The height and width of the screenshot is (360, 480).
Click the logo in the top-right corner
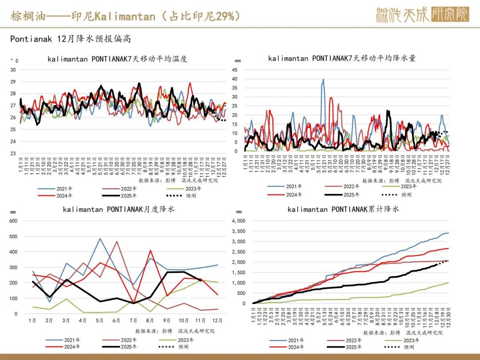422,15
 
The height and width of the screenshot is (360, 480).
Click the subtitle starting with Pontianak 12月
71,39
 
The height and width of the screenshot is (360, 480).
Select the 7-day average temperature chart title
117,59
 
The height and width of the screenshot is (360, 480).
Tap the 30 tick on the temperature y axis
13,70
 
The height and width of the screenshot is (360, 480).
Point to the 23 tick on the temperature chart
13,153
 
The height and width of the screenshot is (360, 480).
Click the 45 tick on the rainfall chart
235,70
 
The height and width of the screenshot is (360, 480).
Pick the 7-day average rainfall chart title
342,58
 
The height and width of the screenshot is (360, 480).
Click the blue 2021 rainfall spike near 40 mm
323,80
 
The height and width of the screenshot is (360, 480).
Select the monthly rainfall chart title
119,209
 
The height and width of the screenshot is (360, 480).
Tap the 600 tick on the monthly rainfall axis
13,221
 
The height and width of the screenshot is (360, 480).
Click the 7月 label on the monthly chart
132,320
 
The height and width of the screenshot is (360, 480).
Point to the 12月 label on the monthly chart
217,320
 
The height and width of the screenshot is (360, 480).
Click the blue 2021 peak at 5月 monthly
100,239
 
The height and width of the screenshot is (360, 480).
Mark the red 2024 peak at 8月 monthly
151,250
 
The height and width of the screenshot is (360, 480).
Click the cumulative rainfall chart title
343,209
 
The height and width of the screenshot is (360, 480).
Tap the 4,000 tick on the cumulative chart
239,221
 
